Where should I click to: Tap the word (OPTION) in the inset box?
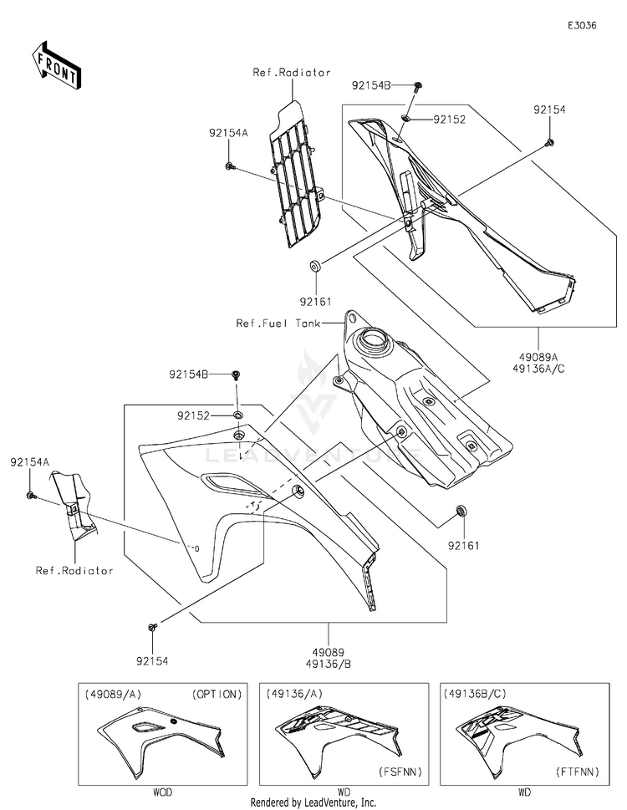(x=216, y=694)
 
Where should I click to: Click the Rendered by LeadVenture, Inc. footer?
(x=313, y=802)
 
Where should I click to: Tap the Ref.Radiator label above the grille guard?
(x=292, y=73)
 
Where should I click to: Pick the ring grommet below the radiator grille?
(x=317, y=267)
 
